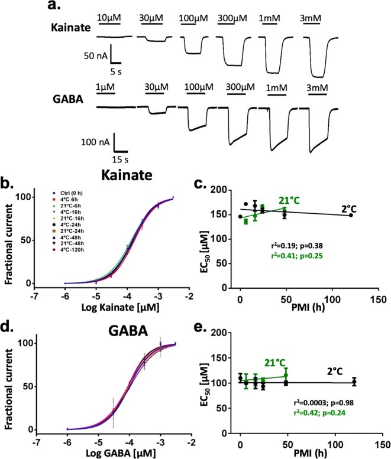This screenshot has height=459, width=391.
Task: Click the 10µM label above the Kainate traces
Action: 108,17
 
